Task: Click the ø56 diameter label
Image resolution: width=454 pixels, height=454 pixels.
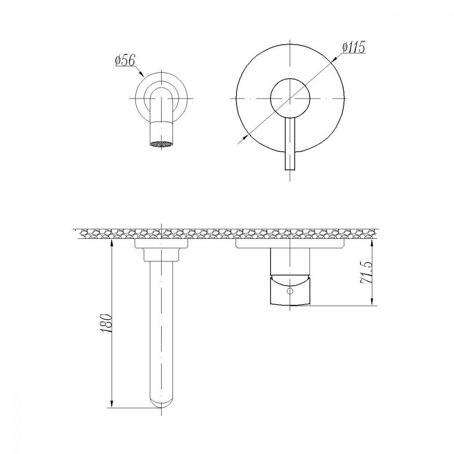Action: [125, 60]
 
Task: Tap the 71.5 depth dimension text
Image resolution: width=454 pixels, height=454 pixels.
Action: [365, 272]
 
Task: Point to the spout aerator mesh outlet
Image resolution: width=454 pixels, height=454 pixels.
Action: [161, 144]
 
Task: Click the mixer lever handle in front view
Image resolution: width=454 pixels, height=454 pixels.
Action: [290, 144]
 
